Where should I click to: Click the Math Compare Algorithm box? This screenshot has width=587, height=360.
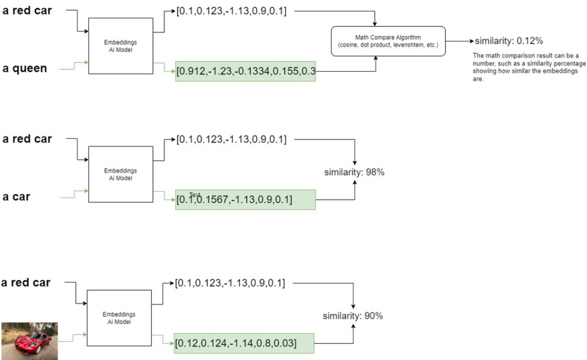click(x=388, y=41)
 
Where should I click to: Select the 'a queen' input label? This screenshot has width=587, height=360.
click(x=25, y=69)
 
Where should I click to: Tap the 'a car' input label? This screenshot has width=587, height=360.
click(x=17, y=197)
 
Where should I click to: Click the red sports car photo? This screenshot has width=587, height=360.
click(x=29, y=341)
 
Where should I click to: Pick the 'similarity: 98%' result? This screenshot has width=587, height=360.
click(x=354, y=172)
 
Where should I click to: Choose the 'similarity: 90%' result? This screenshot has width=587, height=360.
click(x=353, y=316)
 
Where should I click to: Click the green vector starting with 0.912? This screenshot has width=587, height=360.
click(x=245, y=71)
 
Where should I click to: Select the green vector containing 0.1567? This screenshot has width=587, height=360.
click(x=245, y=199)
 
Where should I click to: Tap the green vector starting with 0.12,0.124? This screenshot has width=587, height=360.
click(x=245, y=343)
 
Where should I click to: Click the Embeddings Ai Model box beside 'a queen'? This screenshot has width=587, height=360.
click(x=120, y=45)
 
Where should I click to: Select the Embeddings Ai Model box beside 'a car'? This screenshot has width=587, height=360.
click(x=120, y=174)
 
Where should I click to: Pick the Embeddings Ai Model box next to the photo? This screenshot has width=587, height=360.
click(x=119, y=318)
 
